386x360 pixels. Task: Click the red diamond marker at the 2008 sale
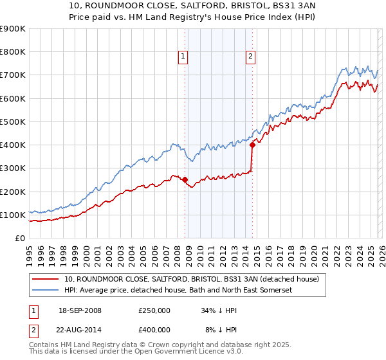pyautogui.click(x=185, y=180)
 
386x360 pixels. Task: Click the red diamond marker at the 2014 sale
pyautogui.click(x=252, y=145)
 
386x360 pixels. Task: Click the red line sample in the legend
pyautogui.click(x=45, y=279)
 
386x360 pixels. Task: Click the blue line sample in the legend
pyautogui.click(x=45, y=291)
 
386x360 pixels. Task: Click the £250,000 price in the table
pyautogui.click(x=154, y=310)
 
